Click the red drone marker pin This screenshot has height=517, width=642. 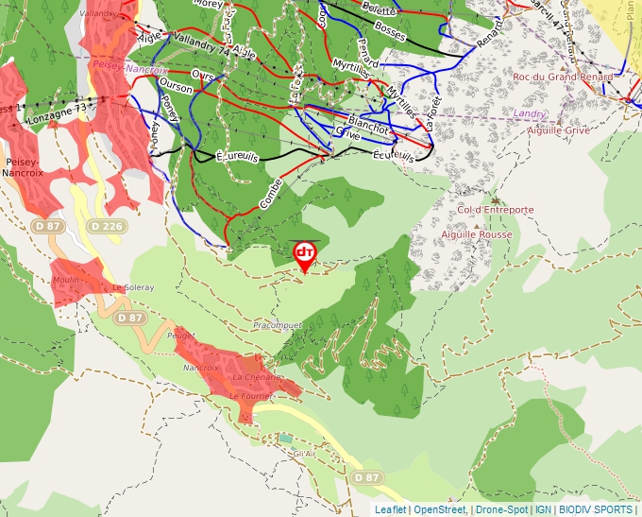click(304, 254)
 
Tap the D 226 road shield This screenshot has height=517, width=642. click(107, 227)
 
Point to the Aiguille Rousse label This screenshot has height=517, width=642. click(477, 234)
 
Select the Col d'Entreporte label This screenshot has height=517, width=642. click(495, 210)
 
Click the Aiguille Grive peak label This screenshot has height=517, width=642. click(559, 130)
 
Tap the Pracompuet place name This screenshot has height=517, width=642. click(278, 325)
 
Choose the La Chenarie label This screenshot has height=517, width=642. click(258, 377)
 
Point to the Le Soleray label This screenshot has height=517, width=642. click(132, 287)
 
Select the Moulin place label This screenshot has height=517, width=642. click(66, 281)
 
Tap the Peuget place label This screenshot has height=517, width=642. click(180, 336)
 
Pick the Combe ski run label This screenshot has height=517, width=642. click(271, 194)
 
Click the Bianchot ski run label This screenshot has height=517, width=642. click(368, 126)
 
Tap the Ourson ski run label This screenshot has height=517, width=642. click(177, 89)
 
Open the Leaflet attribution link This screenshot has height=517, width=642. click(390, 509)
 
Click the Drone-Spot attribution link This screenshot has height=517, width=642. click(501, 509)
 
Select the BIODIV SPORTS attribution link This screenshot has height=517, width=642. click(596, 509)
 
